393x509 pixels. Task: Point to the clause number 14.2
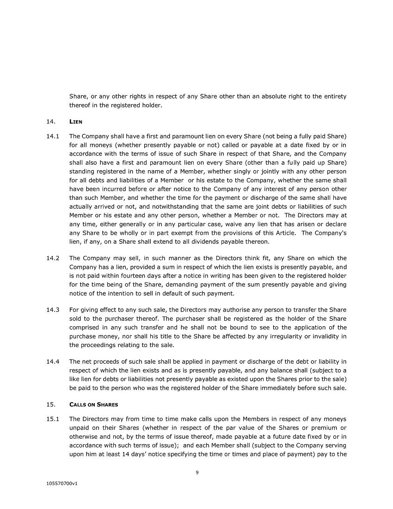(x=53, y=258)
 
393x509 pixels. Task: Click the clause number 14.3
(x=53, y=310)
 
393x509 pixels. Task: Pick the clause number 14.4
(x=53, y=361)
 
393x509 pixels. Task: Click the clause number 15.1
(x=53, y=419)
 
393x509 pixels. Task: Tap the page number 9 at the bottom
(x=197, y=472)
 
